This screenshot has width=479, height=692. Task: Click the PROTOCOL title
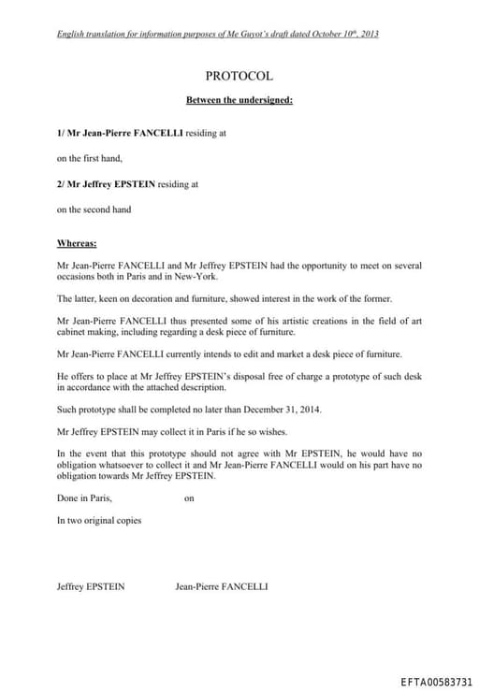239,76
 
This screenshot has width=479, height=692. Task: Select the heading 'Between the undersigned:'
239,99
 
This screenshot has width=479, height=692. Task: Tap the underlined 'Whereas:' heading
77,243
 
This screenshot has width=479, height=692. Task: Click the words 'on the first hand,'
90,158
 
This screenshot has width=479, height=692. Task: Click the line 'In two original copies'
99,520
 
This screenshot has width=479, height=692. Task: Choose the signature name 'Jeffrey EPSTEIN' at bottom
91,586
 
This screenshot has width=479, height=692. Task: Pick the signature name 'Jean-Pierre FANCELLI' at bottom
222,586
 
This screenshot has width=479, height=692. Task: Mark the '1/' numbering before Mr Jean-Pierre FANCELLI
62,133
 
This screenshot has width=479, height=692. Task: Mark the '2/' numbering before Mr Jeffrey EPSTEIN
62,184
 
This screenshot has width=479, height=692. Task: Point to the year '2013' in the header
369,34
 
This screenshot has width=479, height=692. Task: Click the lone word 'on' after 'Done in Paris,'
189,498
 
